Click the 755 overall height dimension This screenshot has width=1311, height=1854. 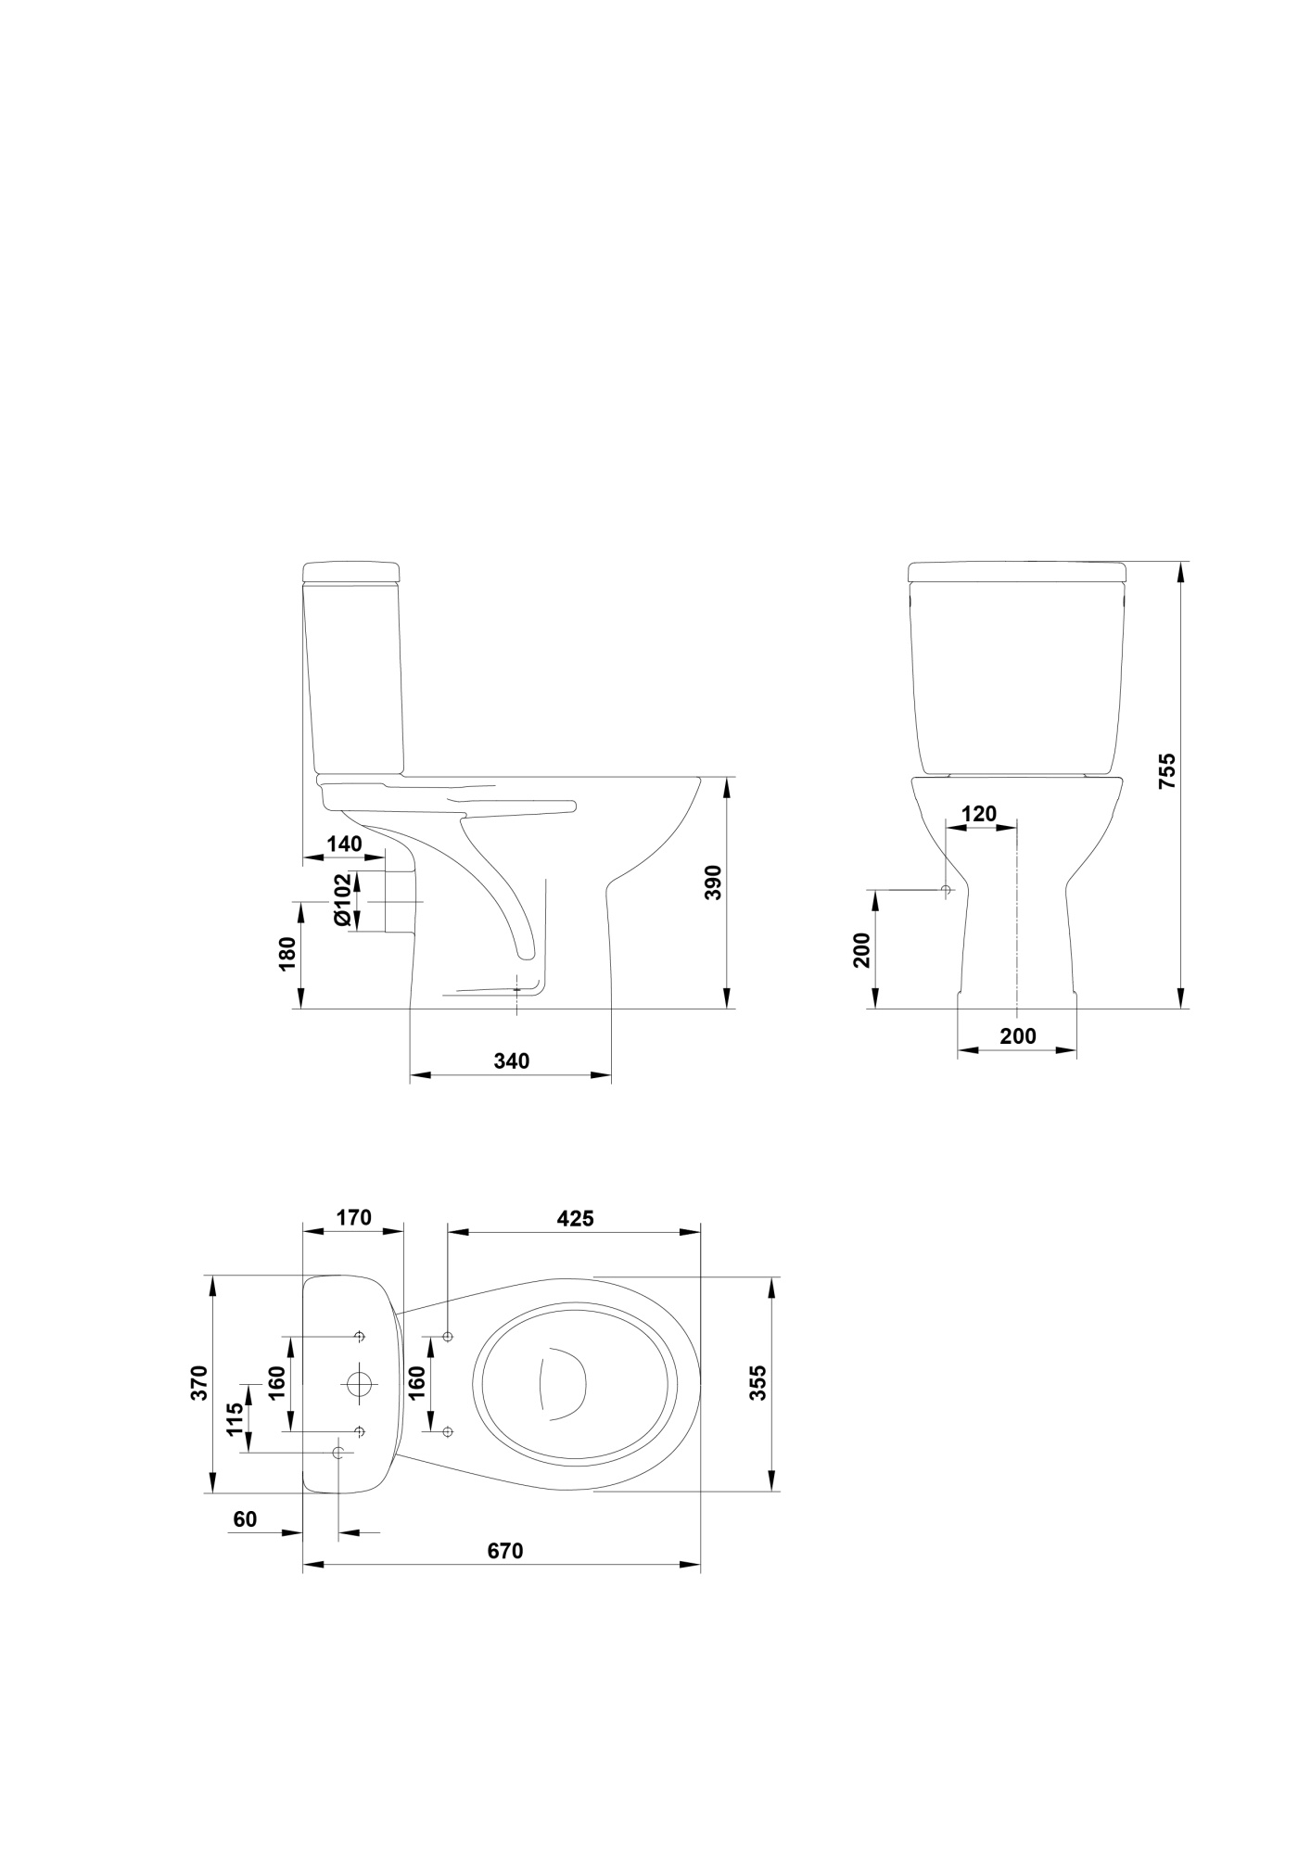pyautogui.click(x=1167, y=771)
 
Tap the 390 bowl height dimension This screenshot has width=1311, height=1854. pyautogui.click(x=713, y=883)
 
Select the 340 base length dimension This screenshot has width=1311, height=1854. pyautogui.click(x=511, y=1060)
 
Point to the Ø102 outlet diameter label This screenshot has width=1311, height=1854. pyautogui.click(x=343, y=898)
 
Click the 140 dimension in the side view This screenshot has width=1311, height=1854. pyautogui.click(x=344, y=844)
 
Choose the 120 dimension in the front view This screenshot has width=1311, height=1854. pyautogui.click(x=979, y=814)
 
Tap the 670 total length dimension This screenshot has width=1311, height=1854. pyautogui.click(x=505, y=1551)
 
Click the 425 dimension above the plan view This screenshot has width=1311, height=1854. pyautogui.click(x=575, y=1218)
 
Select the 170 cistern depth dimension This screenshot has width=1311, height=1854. pyautogui.click(x=353, y=1217)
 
